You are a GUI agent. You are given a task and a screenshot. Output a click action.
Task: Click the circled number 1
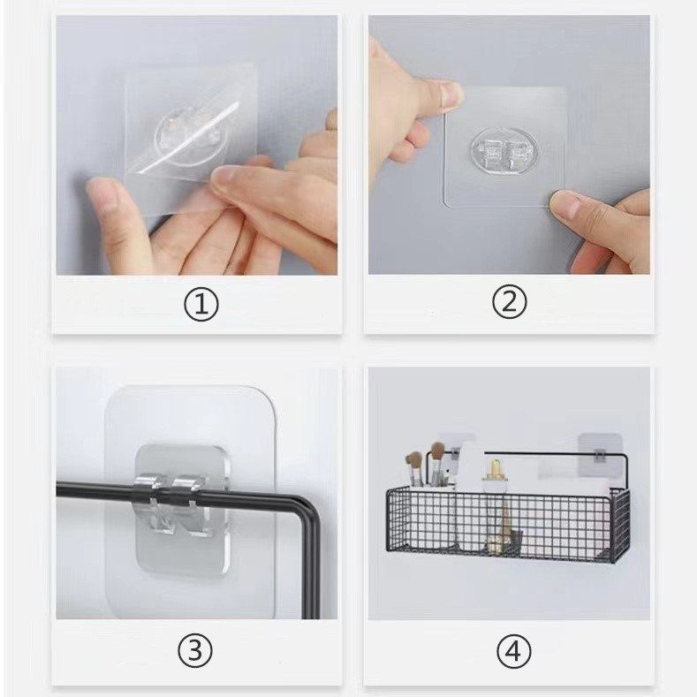(x=201, y=305)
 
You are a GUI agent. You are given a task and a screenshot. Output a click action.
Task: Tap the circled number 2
(x=510, y=302)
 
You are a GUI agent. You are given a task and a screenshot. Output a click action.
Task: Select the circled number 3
(x=195, y=651)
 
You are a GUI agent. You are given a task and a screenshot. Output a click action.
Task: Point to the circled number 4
(x=514, y=652)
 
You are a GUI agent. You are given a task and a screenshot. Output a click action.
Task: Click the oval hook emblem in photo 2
(x=503, y=151)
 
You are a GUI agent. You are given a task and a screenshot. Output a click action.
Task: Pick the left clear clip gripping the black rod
(x=149, y=490)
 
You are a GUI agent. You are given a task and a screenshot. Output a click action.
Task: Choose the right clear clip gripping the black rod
(x=189, y=491)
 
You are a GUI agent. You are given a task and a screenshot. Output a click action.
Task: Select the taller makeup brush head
(x=437, y=454)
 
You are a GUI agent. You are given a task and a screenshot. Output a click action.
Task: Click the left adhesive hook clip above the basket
(x=454, y=453)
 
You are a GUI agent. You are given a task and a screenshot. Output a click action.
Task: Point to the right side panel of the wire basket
(x=621, y=526)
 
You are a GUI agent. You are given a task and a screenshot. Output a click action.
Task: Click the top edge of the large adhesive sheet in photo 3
(x=190, y=387)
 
